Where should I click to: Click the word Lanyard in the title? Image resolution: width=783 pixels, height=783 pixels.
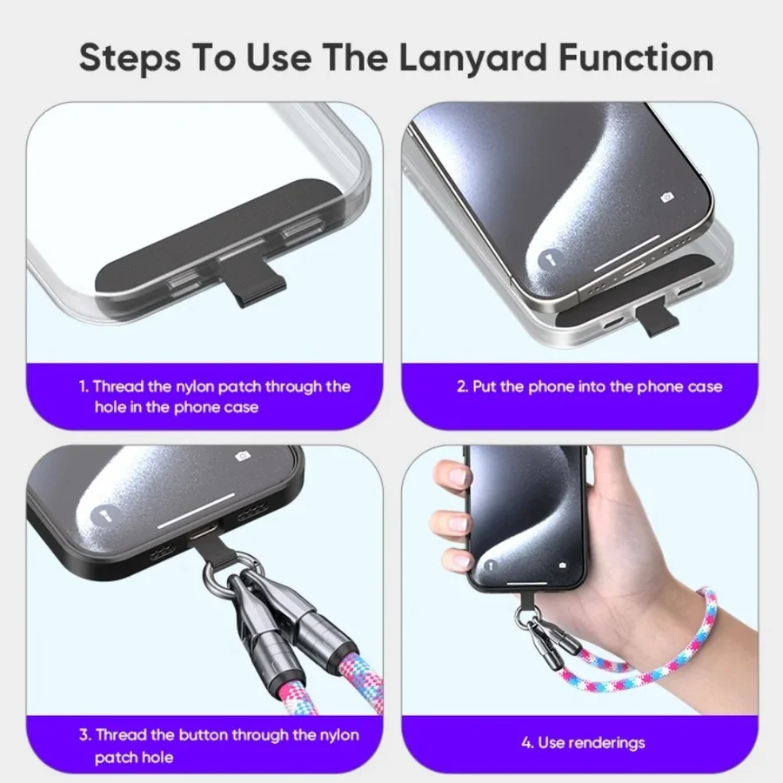click(x=473, y=59)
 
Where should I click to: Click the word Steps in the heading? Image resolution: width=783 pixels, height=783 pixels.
click(x=130, y=59)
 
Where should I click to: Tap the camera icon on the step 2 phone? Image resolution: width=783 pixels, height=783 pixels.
click(x=667, y=198)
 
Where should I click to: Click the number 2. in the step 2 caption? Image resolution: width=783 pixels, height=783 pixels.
click(x=463, y=386)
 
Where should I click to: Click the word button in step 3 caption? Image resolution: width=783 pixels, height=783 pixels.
click(x=203, y=735)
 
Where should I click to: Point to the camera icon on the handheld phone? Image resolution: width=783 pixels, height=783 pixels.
click(x=563, y=565)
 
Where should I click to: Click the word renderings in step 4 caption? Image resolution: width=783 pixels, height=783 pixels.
click(x=606, y=743)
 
